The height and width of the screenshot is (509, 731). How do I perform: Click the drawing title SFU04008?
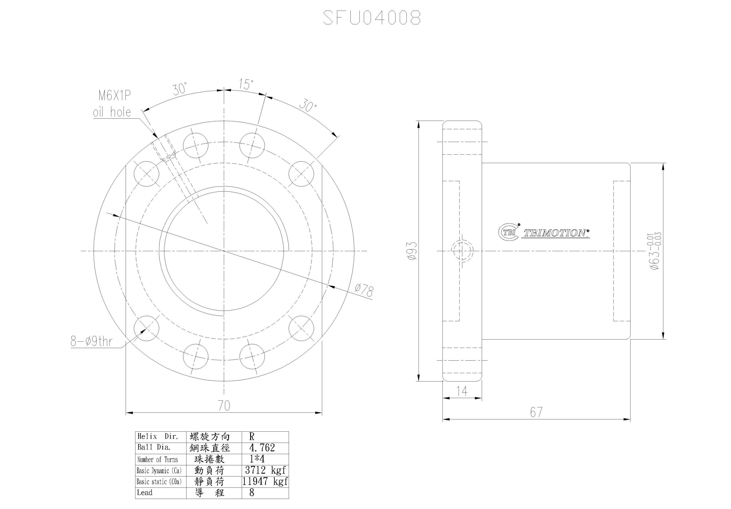(x=372, y=17)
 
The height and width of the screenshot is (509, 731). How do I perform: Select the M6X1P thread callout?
(x=115, y=95)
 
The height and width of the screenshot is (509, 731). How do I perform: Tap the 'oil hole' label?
(x=112, y=112)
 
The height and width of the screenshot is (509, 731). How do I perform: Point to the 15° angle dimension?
(x=246, y=84)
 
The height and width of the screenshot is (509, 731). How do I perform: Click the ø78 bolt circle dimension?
(x=364, y=290)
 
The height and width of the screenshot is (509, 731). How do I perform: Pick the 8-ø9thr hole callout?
(x=91, y=341)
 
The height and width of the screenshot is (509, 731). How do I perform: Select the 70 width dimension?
(x=224, y=406)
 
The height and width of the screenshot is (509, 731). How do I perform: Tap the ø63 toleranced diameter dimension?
(x=656, y=251)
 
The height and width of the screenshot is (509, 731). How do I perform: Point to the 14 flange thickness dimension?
(x=462, y=391)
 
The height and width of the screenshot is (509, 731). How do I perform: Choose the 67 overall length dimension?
(x=536, y=412)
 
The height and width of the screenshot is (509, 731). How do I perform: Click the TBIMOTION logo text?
(x=556, y=233)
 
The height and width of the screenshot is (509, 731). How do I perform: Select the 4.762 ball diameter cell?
(x=262, y=448)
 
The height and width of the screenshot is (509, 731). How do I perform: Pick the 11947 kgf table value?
(x=265, y=481)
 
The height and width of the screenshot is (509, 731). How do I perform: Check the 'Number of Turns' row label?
(x=158, y=459)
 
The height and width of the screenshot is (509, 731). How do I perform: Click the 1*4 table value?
(x=257, y=458)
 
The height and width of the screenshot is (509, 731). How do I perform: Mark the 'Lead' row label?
(x=144, y=492)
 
